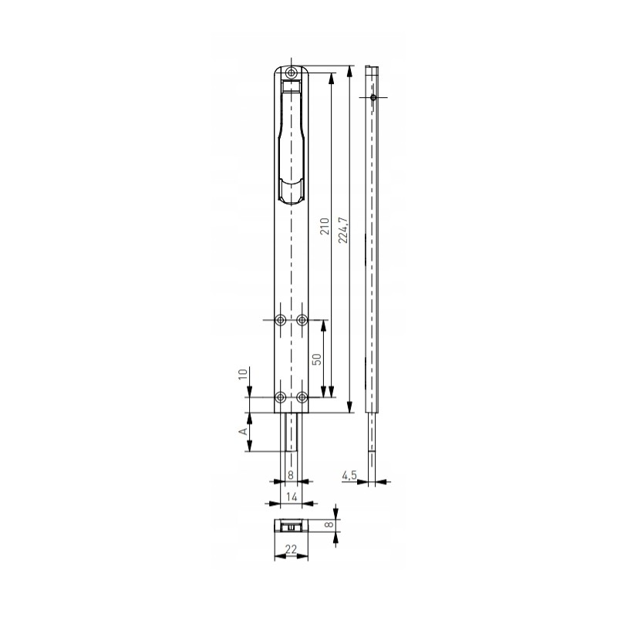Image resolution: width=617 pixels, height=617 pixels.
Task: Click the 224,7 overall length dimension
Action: [x=343, y=230]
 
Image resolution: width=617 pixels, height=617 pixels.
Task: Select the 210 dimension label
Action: [x=325, y=226]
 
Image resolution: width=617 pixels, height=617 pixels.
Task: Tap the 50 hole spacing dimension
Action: [x=317, y=359]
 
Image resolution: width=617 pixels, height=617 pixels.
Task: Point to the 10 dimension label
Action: [x=243, y=373]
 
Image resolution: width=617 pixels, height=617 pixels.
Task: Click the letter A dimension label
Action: [x=244, y=431]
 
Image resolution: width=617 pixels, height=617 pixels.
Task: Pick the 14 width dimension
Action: [x=292, y=497]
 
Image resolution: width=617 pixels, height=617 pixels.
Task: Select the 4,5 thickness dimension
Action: [x=349, y=475]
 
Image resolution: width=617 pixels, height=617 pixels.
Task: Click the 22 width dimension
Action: [x=291, y=549]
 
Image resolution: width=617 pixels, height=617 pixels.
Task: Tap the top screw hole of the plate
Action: [x=292, y=72]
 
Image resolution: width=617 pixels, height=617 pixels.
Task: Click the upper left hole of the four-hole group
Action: [x=281, y=320]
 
